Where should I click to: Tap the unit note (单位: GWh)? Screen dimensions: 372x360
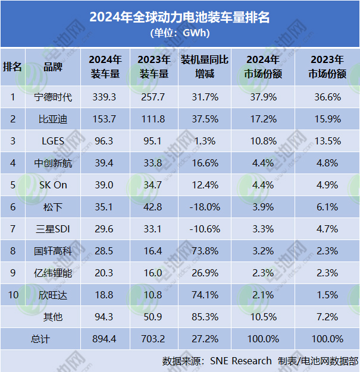tap(180, 33)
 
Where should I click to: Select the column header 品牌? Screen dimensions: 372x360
tap(53, 67)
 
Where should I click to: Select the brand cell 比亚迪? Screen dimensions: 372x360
tap(53, 119)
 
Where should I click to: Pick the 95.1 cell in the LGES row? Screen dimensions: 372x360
tap(154, 141)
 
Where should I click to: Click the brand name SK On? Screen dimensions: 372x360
tap(53, 185)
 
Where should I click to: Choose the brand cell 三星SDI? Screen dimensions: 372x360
tap(53, 229)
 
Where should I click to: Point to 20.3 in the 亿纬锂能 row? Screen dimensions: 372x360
tap(105, 273)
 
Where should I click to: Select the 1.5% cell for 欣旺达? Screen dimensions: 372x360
tap(327, 295)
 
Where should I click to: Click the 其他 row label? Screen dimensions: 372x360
tap(53, 317)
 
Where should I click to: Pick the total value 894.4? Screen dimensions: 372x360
tap(105, 339)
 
